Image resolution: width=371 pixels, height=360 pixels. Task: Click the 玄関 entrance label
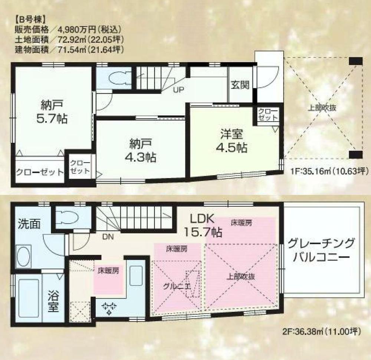click(240, 85)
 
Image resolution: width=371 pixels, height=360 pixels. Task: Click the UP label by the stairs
click(178, 89)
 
